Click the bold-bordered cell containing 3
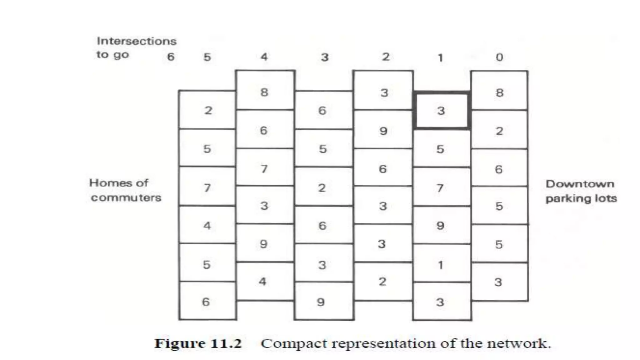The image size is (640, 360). point(441,110)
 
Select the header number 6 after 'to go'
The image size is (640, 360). point(171,57)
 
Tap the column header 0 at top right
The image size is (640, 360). point(499,57)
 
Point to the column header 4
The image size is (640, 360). point(264,57)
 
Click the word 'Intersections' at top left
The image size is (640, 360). point(137,41)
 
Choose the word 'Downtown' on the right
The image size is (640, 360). point(580,184)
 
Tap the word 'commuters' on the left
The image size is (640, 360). point(126,197)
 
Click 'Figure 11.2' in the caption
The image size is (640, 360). point(198,343)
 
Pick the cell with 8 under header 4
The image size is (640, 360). point(264,92)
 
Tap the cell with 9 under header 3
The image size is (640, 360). point(321,302)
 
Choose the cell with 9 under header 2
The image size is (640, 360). point(383,131)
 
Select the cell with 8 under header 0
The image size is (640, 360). point(499,92)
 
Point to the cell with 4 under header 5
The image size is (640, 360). point(207,225)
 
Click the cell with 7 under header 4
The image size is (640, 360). point(264,169)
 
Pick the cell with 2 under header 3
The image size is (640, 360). point(322,187)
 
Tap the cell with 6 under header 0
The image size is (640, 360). point(499,169)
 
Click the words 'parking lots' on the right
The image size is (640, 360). point(581,198)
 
